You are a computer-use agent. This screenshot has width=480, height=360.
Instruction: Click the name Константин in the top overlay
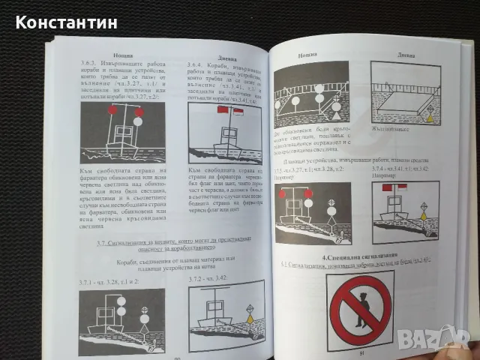click(66, 22)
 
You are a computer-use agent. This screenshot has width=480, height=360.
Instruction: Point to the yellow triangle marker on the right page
click(429, 117)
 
